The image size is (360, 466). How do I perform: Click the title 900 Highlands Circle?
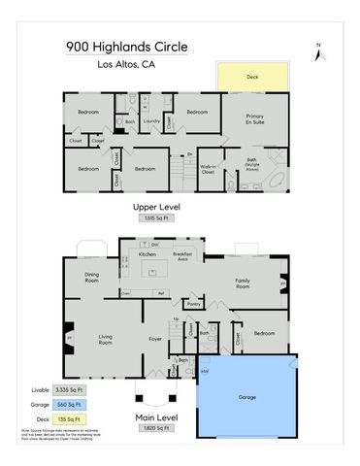point(126,46)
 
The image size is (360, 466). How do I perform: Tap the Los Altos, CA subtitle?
point(126,66)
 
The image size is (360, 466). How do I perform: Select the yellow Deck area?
point(251,78)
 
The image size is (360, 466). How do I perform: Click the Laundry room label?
point(151,121)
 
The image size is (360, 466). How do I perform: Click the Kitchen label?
point(147,254)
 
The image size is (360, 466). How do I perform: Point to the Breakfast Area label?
point(181,257)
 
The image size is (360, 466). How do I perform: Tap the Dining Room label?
point(93,277)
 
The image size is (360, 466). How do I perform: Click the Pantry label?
point(193,304)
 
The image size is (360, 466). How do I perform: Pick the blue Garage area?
point(247,397)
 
